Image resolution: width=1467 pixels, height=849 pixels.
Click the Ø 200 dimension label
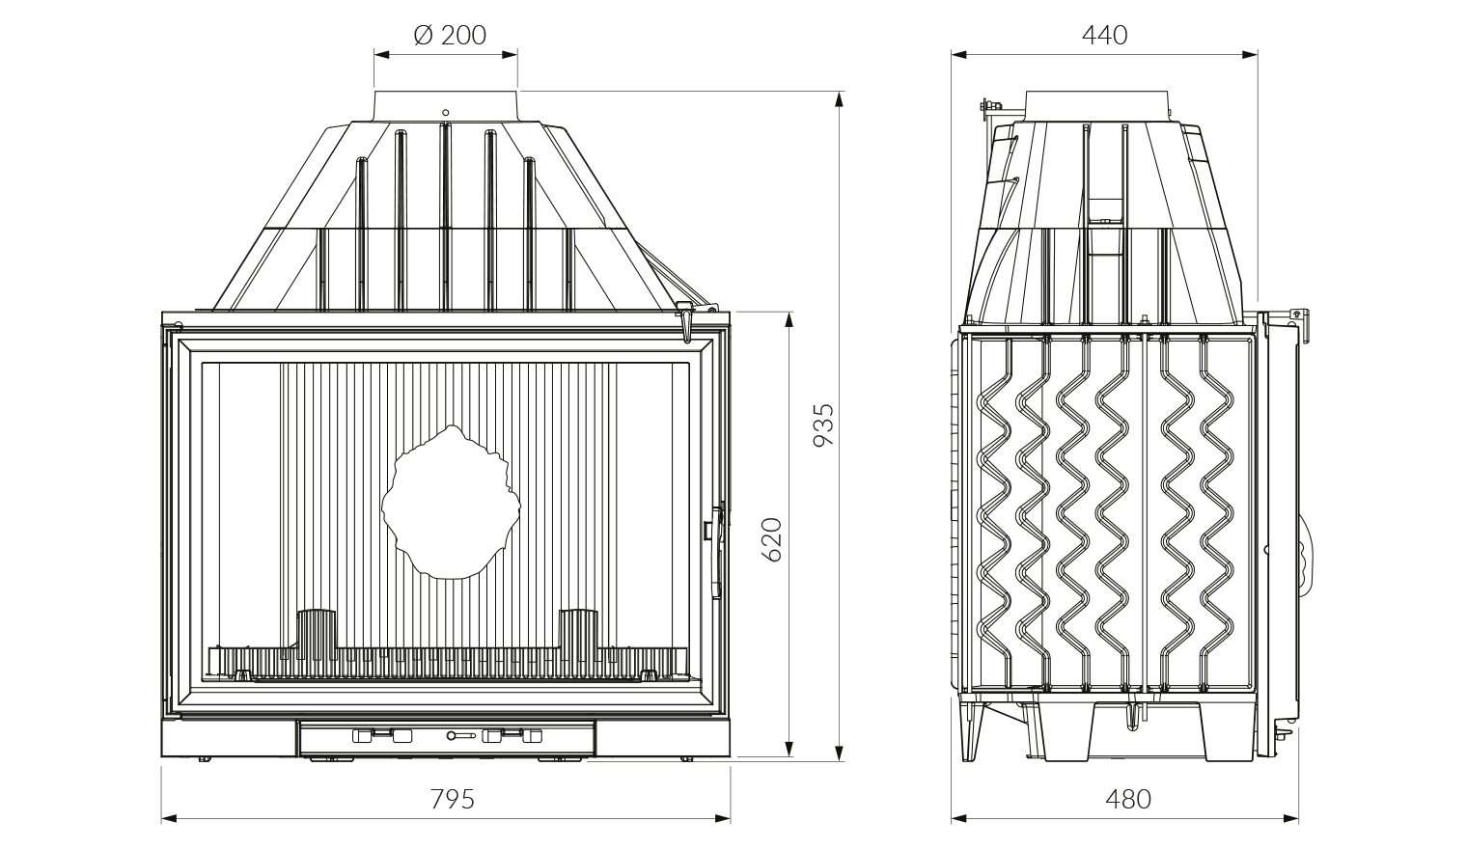(450, 36)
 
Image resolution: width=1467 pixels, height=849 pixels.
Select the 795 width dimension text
(452, 799)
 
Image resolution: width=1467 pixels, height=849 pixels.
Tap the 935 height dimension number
(823, 424)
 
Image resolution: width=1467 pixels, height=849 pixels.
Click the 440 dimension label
(1104, 36)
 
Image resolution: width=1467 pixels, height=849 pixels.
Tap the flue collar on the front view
(446, 104)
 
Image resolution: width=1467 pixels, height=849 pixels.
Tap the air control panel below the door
(446, 738)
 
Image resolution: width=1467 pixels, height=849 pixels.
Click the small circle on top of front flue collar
(445, 112)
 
